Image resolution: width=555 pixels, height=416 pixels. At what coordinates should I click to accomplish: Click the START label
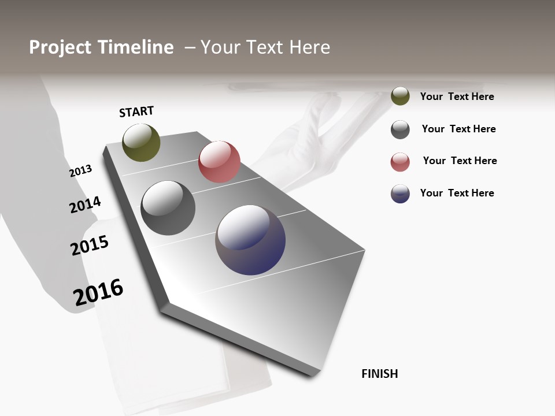(x=136, y=112)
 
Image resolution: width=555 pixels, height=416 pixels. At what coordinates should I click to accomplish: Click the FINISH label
(x=379, y=374)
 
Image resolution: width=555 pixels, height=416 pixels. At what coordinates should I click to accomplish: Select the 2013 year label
(x=81, y=170)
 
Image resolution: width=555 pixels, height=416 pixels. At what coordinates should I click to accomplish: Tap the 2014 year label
(x=85, y=205)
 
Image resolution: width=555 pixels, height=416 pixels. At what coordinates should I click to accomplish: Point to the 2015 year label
(x=90, y=245)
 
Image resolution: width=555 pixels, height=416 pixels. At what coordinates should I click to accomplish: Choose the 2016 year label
(x=98, y=292)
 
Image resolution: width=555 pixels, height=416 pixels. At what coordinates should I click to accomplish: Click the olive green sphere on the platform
(x=141, y=142)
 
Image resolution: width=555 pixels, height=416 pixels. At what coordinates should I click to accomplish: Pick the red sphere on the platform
(x=219, y=162)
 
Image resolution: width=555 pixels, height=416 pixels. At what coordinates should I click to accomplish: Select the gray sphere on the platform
(x=168, y=208)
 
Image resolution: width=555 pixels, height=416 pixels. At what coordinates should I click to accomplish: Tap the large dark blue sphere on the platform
(x=250, y=240)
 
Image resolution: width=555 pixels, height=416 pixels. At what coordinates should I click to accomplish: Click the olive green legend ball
(x=400, y=96)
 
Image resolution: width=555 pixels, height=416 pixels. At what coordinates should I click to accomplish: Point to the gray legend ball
(x=400, y=129)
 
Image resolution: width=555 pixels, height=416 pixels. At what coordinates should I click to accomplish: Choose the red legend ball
(x=400, y=162)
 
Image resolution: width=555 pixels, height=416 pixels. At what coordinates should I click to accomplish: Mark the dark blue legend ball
(x=400, y=194)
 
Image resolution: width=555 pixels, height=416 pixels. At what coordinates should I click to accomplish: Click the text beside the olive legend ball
(x=457, y=96)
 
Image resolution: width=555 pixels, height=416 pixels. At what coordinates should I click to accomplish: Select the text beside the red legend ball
(x=460, y=161)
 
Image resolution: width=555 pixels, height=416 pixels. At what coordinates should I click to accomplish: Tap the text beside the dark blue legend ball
(x=457, y=193)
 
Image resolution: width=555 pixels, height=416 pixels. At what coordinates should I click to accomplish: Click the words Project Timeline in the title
(x=101, y=47)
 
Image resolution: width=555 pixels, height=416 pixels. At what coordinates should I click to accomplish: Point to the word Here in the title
(x=309, y=47)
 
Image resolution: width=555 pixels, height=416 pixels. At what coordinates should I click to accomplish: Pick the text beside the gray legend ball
(x=458, y=129)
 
